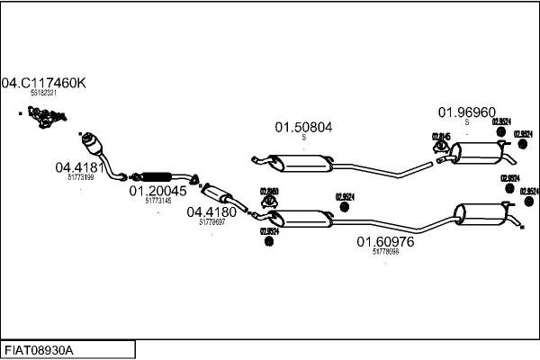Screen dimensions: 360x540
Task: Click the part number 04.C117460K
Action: pos(43,83)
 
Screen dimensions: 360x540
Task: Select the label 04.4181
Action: pos(80,166)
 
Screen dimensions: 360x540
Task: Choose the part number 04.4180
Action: pos(211,212)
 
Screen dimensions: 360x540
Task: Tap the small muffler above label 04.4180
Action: pos(219,193)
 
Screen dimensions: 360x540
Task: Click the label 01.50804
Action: pos(303,128)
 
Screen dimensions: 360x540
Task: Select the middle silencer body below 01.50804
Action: pos(304,163)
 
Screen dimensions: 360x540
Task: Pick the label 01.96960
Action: pos(466,112)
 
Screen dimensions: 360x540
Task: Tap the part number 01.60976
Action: pos(385,241)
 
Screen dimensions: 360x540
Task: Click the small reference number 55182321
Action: pos(43,93)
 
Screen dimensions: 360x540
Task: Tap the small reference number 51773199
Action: pos(80,176)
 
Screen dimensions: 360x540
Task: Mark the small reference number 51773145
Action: pos(157,201)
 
